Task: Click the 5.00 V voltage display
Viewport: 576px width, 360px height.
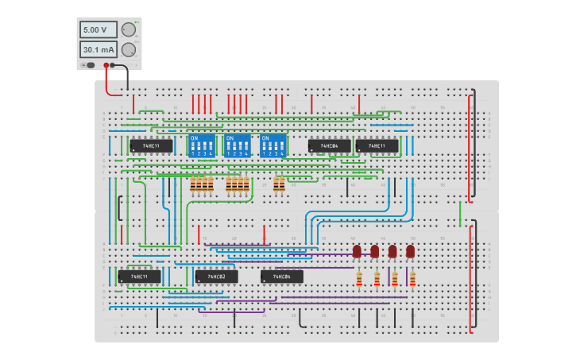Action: (97, 29)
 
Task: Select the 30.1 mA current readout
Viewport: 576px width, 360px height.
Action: (97, 49)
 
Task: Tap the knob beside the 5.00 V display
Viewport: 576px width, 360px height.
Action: (128, 29)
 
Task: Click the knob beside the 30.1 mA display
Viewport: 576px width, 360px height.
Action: (128, 49)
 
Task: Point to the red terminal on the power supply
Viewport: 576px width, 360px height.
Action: (106, 65)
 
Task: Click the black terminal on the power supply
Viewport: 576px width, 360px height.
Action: (113, 65)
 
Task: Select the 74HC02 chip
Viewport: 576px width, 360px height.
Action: (217, 277)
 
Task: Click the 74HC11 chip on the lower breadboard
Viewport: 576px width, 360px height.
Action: (139, 277)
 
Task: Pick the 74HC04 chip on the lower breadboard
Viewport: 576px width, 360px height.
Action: (281, 277)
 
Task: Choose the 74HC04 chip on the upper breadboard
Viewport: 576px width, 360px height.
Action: (329, 146)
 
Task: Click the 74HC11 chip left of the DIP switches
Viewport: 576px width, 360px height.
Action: (151, 146)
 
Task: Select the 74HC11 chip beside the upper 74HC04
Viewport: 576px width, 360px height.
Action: (377, 146)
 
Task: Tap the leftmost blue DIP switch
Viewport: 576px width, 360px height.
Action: (202, 145)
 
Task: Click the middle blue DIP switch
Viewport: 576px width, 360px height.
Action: (238, 145)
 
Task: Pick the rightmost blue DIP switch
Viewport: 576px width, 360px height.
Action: (273, 145)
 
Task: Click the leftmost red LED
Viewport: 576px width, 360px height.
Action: (357, 251)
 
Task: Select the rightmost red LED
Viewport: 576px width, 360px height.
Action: (410, 251)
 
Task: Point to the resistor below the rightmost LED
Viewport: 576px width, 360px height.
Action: (412, 279)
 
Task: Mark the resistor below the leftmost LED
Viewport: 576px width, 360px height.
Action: (359, 279)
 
